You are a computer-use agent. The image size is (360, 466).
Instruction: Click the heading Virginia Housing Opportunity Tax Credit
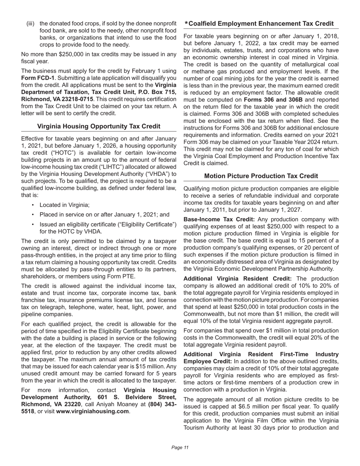(99, 126)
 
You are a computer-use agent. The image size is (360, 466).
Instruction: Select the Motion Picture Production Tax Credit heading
(261, 176)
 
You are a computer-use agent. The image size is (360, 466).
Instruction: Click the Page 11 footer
(180, 447)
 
